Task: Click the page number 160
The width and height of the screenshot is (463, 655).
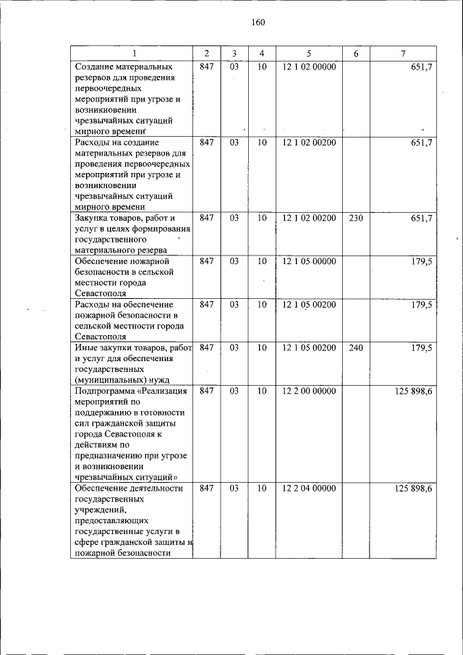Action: [258, 22]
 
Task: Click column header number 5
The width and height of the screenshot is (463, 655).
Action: [308, 54]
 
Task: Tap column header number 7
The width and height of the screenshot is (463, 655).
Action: [402, 54]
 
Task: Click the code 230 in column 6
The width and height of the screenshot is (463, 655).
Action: [355, 217]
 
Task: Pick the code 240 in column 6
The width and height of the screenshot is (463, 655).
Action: [355, 348]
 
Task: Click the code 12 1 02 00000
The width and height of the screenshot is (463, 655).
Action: [309, 66]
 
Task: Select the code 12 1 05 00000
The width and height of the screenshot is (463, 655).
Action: [309, 261]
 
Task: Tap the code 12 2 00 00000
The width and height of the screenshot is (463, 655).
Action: [309, 392]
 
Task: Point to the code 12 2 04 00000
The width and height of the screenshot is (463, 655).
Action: [309, 489]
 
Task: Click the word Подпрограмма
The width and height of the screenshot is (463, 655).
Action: [105, 392]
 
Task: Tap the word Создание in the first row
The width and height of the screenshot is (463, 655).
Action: [95, 66]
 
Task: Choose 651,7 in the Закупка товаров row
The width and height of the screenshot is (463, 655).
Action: [420, 217]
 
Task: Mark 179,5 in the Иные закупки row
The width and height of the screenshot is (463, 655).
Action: [420, 348]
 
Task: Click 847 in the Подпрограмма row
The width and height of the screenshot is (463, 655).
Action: [206, 392]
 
